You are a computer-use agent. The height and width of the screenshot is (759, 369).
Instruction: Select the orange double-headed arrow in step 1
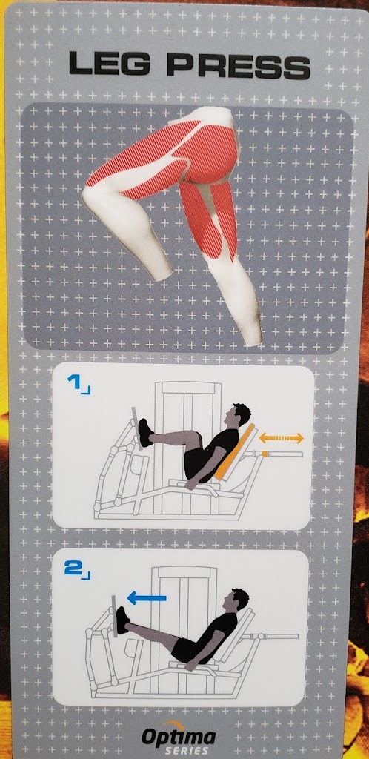tap(282, 438)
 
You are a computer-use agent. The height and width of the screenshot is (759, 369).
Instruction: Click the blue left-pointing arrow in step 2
tap(147, 599)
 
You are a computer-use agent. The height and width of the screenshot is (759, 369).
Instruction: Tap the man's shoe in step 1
tap(145, 433)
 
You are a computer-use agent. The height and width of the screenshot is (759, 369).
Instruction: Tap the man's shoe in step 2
tap(123, 620)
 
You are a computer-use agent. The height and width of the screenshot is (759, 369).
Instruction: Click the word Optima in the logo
tap(179, 738)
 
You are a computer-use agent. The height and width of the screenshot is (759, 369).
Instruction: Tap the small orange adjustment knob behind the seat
tap(265, 454)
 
